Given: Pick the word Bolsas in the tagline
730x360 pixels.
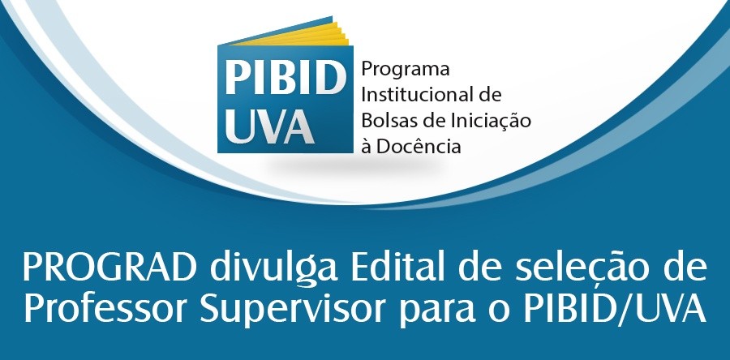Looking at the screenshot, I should pos(388,121).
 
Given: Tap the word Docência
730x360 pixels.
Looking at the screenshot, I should pos(423,147).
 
